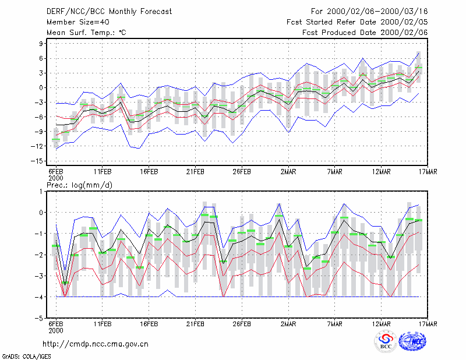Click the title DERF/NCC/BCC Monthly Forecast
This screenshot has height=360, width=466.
(x=109, y=12)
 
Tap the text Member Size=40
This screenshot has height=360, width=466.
(x=78, y=22)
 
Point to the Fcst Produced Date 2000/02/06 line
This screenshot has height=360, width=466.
(x=365, y=33)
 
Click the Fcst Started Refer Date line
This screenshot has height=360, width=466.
(x=357, y=22)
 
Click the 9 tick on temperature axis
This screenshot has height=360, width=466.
(x=41, y=44)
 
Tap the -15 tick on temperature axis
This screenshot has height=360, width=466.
(x=37, y=161)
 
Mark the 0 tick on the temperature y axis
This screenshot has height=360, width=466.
(x=41, y=88)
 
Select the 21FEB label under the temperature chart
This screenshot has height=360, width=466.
(x=195, y=172)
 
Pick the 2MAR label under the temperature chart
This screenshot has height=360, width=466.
(x=288, y=172)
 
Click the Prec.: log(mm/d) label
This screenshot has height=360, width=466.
(x=79, y=185)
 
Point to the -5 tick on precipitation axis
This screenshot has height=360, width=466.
(x=39, y=318)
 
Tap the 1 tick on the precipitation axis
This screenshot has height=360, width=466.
(x=41, y=192)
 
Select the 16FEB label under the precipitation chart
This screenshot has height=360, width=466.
(x=149, y=324)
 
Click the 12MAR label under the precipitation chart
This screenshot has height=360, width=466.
(x=382, y=324)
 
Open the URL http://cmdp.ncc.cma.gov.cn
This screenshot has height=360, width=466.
(x=96, y=344)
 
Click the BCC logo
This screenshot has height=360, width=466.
(x=386, y=341)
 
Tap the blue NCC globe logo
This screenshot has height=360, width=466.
(x=412, y=341)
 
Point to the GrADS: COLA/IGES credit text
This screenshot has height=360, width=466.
(x=26, y=357)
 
